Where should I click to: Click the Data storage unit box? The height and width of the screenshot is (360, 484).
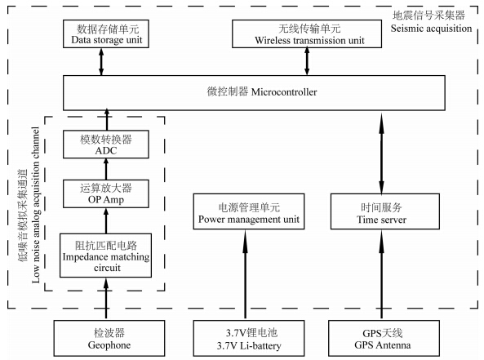click(106, 34)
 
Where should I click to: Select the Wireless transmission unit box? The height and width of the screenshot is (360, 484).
click(307, 34)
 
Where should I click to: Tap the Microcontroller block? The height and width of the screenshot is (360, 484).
click(254, 92)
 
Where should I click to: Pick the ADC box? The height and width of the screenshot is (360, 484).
click(106, 144)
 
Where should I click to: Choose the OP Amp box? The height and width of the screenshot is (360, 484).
click(106, 193)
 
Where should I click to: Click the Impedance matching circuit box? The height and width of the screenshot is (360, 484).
click(105, 256)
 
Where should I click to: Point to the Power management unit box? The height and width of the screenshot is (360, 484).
click(249, 211)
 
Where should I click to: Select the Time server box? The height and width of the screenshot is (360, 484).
click(385, 211)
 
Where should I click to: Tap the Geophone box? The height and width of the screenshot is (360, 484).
click(109, 339)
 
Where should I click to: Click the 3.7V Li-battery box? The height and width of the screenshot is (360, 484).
click(249, 339)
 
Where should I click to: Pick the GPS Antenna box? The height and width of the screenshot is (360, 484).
click(384, 339)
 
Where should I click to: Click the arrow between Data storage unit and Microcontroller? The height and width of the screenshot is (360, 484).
click(101, 62)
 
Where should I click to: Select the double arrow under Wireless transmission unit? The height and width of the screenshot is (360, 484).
click(307, 62)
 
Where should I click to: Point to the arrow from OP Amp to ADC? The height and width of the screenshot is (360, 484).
click(106, 169)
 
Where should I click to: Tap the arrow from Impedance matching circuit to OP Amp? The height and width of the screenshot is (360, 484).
click(106, 220)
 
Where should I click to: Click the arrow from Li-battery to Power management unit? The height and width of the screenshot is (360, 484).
click(246, 273)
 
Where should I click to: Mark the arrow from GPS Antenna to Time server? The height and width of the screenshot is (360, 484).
click(381, 273)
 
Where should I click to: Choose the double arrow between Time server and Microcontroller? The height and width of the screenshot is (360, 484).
click(381, 153)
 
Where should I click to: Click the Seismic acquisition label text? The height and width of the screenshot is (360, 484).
click(431, 29)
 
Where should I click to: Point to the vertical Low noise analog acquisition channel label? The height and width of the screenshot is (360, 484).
click(36, 205)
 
